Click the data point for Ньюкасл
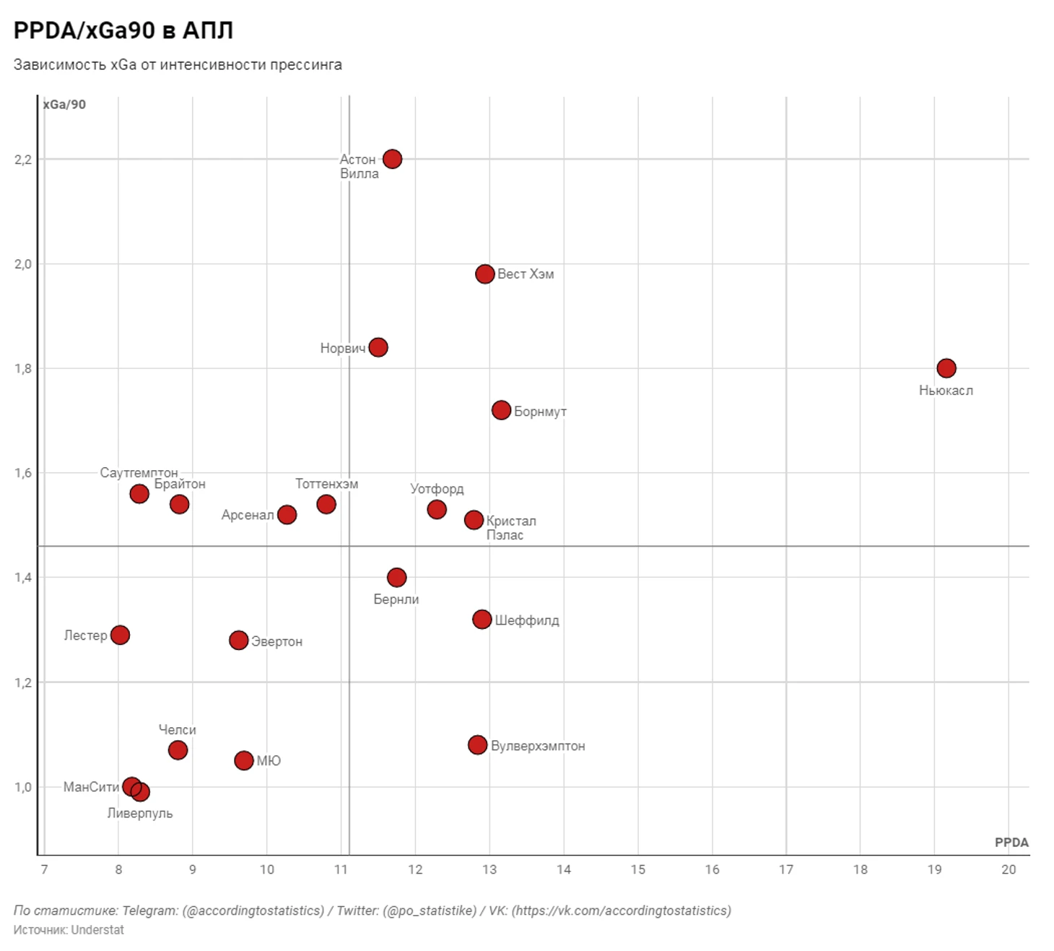click(x=946, y=368)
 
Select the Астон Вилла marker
click(x=392, y=159)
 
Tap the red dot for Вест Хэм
click(x=484, y=274)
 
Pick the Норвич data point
click(x=378, y=347)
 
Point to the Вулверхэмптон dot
click(x=477, y=744)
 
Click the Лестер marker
click(x=120, y=635)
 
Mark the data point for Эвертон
click(x=238, y=640)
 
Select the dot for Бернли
click(x=396, y=577)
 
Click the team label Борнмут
click(x=540, y=412)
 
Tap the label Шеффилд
click(x=526, y=620)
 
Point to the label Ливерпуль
click(x=140, y=813)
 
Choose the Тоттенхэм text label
click(x=326, y=484)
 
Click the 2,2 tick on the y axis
click(x=23, y=160)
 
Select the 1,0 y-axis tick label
click(x=23, y=787)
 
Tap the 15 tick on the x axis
click(x=637, y=869)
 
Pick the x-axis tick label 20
click(x=1008, y=869)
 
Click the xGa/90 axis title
click(x=64, y=105)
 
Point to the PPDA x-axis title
click(x=1011, y=842)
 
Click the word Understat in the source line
click(x=97, y=930)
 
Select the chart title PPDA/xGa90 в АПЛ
click(x=123, y=30)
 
